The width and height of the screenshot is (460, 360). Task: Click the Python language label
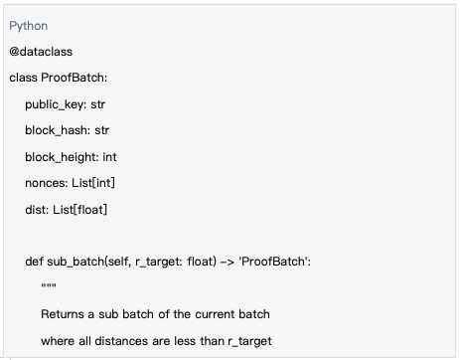click(28, 25)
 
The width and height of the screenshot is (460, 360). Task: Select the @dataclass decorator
click(42, 51)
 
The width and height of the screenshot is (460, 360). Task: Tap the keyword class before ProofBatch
click(24, 78)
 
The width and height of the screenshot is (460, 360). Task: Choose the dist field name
click(36, 209)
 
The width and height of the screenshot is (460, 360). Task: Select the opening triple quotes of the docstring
click(48, 287)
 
